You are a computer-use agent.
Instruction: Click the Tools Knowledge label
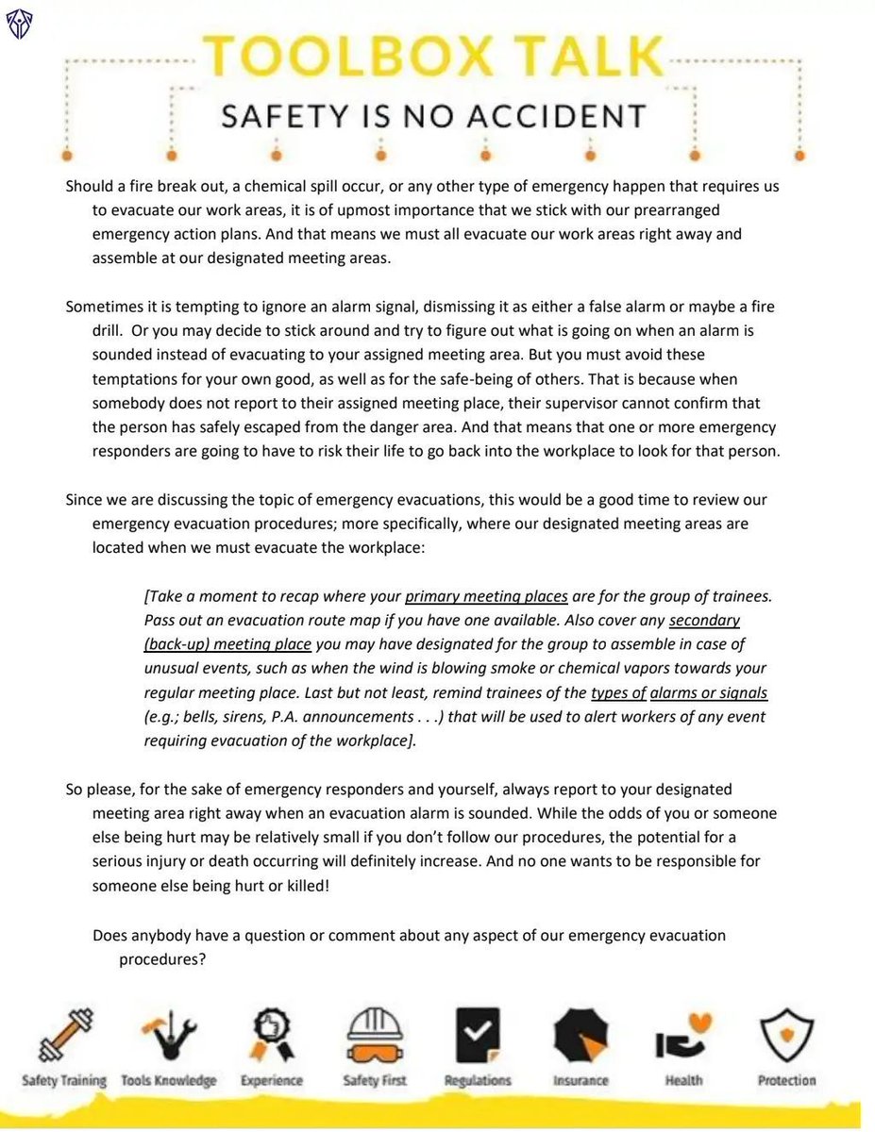tap(169, 1080)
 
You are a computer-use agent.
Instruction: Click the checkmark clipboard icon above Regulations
tap(478, 1035)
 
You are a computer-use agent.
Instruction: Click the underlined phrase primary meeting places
tap(486, 596)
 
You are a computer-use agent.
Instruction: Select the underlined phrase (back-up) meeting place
tap(227, 644)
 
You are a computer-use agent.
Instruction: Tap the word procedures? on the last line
tap(162, 959)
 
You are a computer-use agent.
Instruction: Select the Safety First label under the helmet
tap(375, 1080)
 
